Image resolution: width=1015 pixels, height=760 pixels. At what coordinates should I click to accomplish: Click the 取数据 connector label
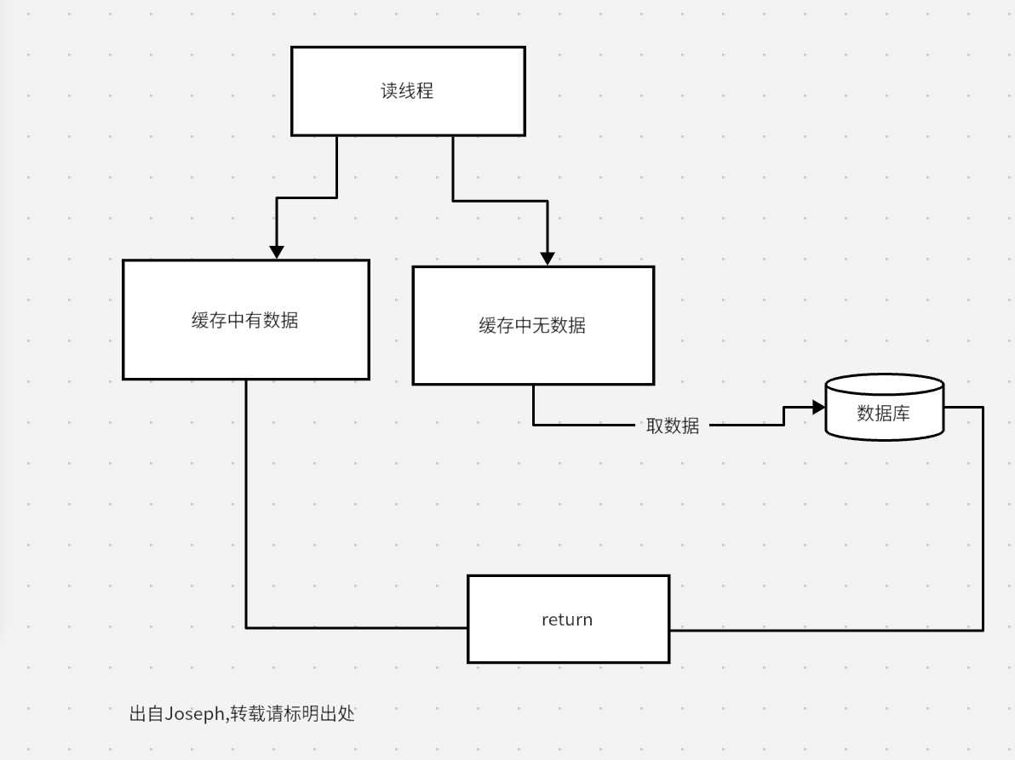pos(673,426)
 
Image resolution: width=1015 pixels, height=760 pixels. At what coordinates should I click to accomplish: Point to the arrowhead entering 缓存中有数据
pos(277,252)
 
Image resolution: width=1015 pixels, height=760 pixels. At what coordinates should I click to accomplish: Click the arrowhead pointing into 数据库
pos(818,408)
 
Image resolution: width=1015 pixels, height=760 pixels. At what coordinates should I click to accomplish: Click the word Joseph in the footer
pos(196,714)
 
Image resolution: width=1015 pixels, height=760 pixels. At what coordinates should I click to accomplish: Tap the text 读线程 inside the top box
pos(407,91)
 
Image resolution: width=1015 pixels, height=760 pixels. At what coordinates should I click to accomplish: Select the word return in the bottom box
pos(567,620)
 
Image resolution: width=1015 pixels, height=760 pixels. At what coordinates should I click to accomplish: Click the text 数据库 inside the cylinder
pos(883,414)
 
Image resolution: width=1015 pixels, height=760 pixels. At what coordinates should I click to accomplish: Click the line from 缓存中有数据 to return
pos(246,511)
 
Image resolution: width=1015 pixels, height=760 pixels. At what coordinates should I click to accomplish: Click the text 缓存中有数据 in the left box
pos(245,321)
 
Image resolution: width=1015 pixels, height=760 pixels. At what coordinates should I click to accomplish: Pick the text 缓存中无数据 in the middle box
pos(532,325)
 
